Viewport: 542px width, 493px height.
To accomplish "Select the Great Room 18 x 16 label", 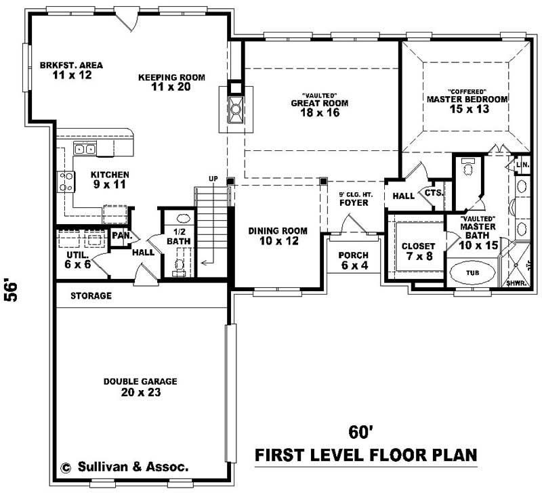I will (x=316, y=107).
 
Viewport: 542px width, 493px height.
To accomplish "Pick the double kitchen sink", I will (x=85, y=149).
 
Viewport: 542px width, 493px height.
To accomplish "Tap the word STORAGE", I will (x=91, y=296).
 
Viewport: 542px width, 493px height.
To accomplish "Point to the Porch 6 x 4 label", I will (x=354, y=260).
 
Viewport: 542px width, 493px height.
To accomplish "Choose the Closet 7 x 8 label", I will (x=418, y=251).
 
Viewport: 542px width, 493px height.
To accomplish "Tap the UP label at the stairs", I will (x=213, y=179).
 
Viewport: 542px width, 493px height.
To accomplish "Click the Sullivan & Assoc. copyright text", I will (x=125, y=467).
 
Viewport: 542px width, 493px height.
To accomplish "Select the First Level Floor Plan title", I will (x=366, y=454).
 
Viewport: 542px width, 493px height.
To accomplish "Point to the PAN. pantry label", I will (x=121, y=236).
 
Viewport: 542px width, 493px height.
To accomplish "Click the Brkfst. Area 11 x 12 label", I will (x=71, y=70).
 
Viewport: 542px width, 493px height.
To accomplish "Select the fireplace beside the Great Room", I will (x=235, y=108).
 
